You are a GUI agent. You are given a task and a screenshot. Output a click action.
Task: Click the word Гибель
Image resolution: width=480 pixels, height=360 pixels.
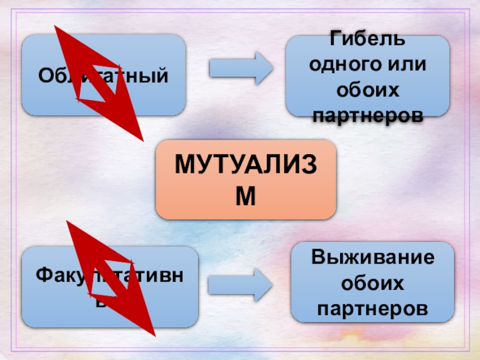point(367,41)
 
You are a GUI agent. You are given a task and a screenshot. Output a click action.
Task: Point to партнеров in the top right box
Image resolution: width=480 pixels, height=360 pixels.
point(367,113)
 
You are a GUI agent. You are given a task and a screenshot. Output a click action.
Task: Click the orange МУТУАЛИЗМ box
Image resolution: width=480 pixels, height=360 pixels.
point(246,179)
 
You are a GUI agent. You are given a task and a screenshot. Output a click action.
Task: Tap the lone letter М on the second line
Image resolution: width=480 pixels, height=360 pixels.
point(246,196)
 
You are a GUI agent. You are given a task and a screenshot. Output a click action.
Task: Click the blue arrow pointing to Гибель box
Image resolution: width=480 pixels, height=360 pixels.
point(241,67)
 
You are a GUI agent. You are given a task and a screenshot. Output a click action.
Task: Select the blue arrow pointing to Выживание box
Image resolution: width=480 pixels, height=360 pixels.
point(241,284)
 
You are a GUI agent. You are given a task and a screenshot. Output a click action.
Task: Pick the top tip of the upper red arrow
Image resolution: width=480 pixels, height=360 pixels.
point(55,26)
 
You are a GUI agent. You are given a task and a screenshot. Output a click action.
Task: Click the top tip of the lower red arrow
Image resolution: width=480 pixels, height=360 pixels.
point(67,221)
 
